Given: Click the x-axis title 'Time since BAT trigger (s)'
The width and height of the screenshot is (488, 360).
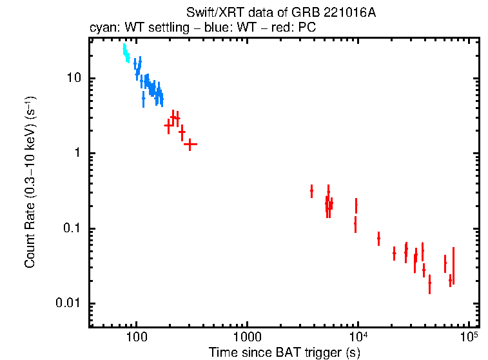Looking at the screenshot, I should click(x=284, y=352).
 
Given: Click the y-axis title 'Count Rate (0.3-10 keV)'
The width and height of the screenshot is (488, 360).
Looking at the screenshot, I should click(x=30, y=183).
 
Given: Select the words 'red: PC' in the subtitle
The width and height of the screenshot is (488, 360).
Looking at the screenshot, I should click(x=297, y=29).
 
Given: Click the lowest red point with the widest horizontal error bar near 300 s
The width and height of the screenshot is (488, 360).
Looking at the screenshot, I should click(x=190, y=144).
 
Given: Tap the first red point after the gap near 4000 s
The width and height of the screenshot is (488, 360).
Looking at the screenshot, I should click(x=311, y=191).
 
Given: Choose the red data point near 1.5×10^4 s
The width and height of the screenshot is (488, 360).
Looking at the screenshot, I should click(x=378, y=239).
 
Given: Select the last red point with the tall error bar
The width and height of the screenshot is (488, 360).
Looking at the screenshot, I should click(x=453, y=266).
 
